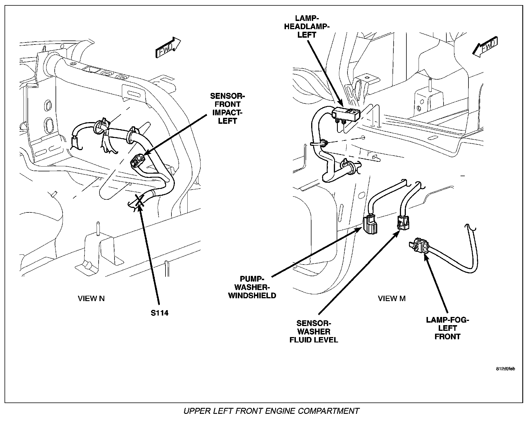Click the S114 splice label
[159, 313]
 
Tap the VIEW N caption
[91, 298]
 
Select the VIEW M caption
[391, 298]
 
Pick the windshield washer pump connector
[370, 224]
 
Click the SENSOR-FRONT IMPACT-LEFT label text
[227, 108]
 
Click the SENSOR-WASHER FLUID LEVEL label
[314, 331]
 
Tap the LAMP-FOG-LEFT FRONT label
[447, 328]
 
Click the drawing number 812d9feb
[505, 369]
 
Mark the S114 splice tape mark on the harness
[138, 201]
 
